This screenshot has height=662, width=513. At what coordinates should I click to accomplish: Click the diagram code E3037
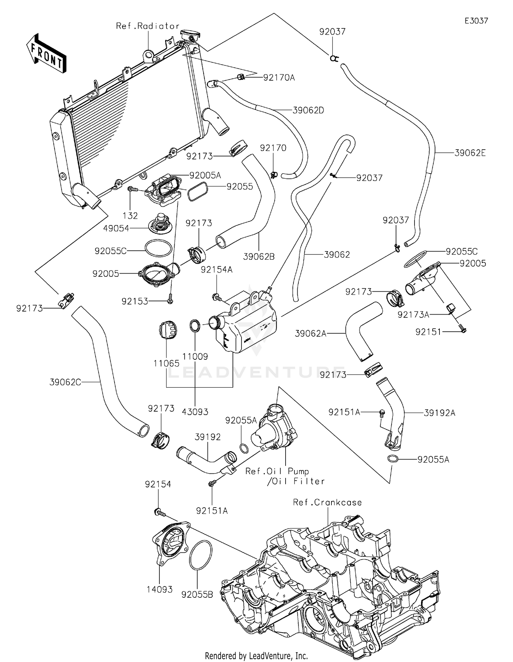pyautogui.click(x=476, y=21)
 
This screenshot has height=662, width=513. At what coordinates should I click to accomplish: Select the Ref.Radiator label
pyautogui.click(x=148, y=26)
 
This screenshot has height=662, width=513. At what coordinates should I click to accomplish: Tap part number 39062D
pyautogui.click(x=308, y=110)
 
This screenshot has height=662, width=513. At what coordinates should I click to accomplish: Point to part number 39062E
pyautogui.click(x=470, y=153)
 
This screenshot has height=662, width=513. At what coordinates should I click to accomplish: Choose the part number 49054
pyautogui.click(x=116, y=228)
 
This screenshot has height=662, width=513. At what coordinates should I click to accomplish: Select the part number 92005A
pyautogui.click(x=205, y=175)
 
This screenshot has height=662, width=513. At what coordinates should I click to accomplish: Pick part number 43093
pyautogui.click(x=195, y=412)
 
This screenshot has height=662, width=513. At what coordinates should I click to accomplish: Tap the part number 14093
pyautogui.click(x=160, y=589)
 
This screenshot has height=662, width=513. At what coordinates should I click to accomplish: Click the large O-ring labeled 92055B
pyautogui.click(x=201, y=555)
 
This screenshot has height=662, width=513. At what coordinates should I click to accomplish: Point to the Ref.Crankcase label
pyautogui.click(x=327, y=502)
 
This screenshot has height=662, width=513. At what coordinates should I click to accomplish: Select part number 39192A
pyautogui.click(x=439, y=413)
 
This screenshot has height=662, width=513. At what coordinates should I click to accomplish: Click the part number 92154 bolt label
pyautogui.click(x=158, y=484)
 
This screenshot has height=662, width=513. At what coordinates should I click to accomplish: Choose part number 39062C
pyautogui.click(x=65, y=382)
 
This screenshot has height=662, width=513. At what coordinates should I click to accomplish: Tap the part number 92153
pyautogui.click(x=135, y=301)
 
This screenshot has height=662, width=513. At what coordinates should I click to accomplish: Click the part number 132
pyautogui.click(x=130, y=216)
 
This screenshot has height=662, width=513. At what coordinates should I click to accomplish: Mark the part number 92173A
pyautogui.click(x=413, y=315)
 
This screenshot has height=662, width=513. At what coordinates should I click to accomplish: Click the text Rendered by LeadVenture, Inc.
pyautogui.click(x=256, y=656)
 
